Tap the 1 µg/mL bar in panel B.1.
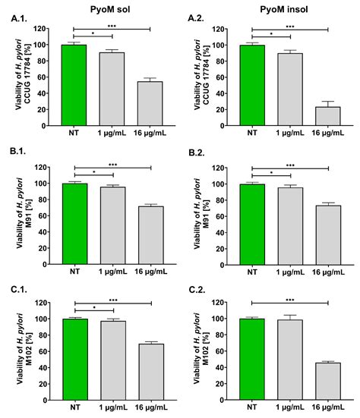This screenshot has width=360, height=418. [x=113, y=222]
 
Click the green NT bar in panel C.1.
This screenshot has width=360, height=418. [x=74, y=358]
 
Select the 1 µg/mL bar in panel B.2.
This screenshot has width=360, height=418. [x=291, y=222]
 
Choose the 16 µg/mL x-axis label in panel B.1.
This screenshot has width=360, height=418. [x=150, y=268]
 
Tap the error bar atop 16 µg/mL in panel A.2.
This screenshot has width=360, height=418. [x=328, y=102]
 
